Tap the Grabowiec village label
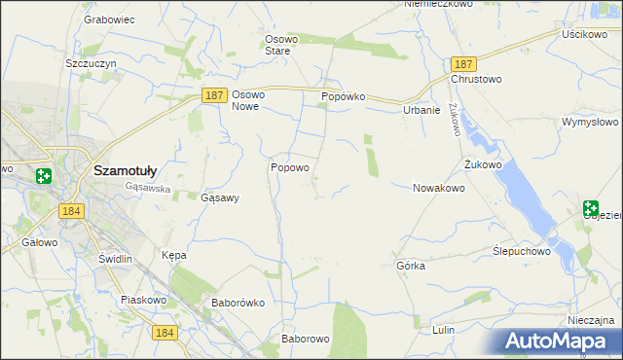pos(108,19)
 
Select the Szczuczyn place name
pos(91,62)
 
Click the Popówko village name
pos(343,97)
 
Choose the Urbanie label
pos(421,111)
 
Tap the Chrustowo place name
pos(475,79)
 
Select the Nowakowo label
pos(439,188)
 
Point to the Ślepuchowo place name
pos(522,250)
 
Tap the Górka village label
pos(411,266)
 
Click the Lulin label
pos(444,330)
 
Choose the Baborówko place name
pos(238,303)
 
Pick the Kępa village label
pos(173,255)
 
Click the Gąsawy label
pos(219,197)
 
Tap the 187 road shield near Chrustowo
pos(462,62)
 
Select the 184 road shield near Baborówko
pos(165,333)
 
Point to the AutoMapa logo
pos(558,341)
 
